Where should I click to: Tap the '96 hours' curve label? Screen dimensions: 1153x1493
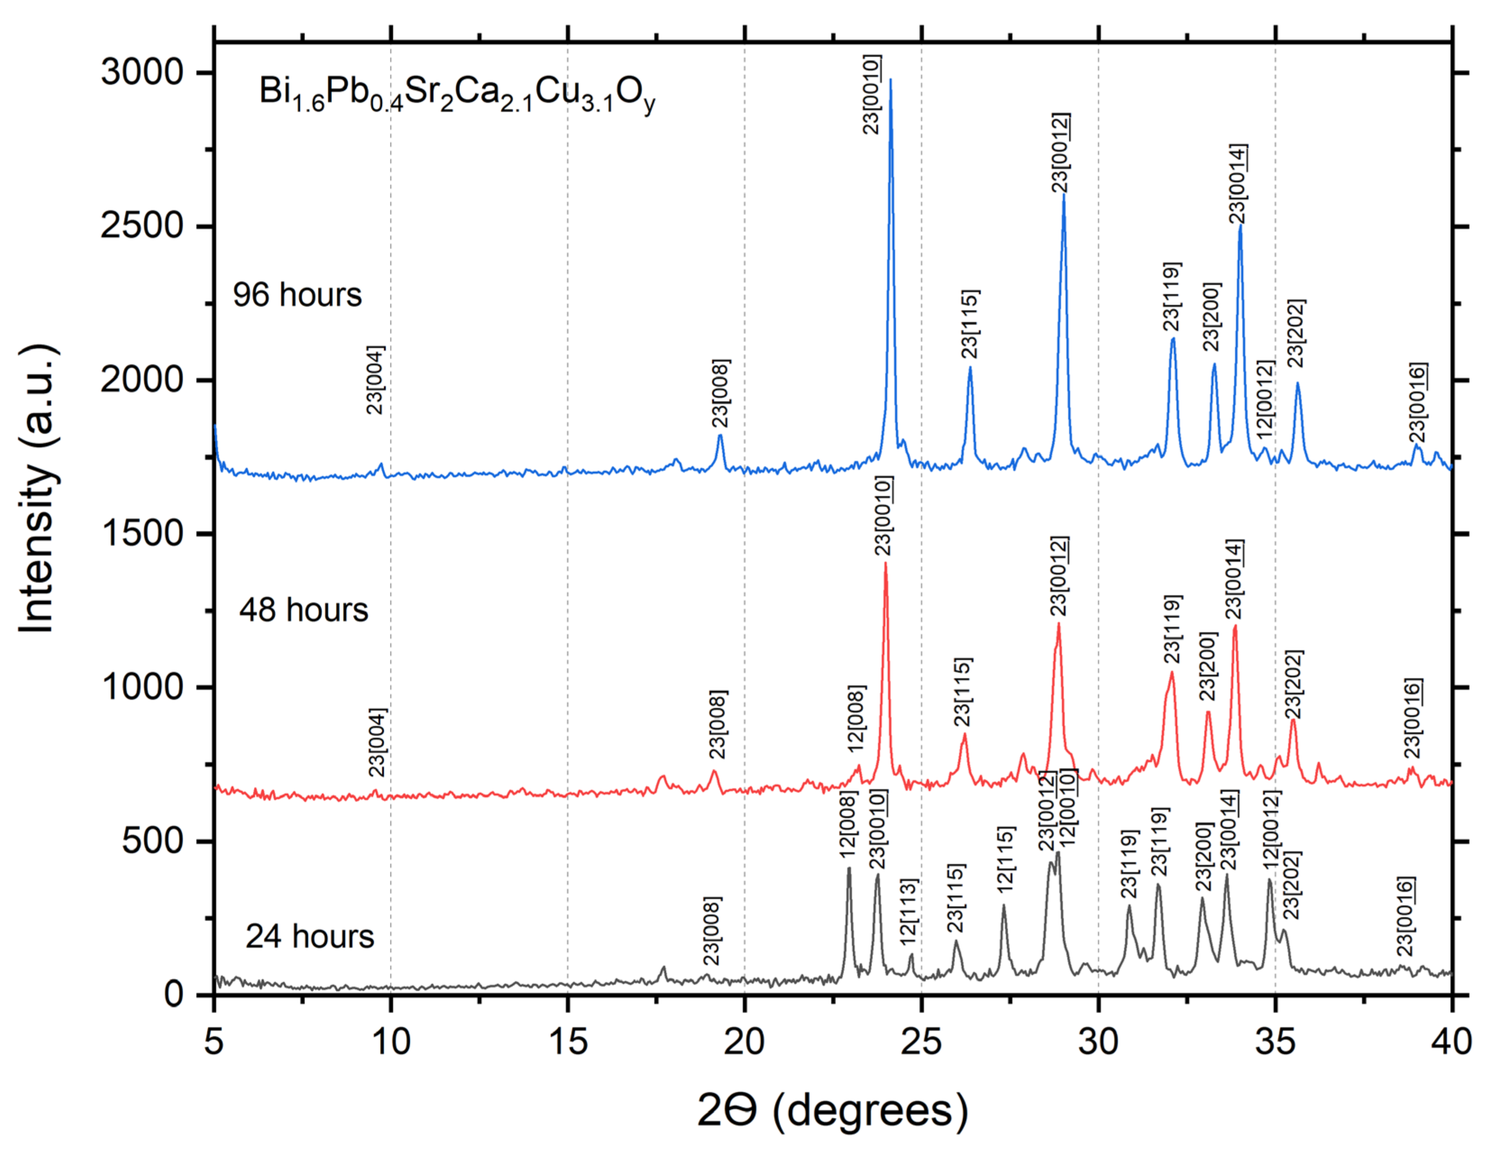tap(297, 294)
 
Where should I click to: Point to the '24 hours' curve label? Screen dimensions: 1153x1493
tap(310, 937)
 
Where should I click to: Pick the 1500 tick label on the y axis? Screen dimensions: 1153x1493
tap(142, 533)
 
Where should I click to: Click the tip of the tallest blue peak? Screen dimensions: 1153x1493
tap(890, 80)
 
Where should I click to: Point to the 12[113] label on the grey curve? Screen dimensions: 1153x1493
tap(909, 912)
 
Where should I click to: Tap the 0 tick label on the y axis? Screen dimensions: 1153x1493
tap(175, 994)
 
